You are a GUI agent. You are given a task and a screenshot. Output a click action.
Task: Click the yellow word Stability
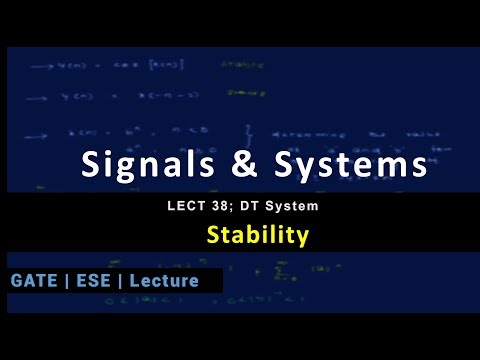click(257, 236)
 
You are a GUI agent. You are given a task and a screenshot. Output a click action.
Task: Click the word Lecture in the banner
click(164, 281)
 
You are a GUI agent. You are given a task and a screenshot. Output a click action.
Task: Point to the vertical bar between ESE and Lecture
click(118, 281)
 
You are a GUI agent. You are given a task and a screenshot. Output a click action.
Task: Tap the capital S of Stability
click(212, 236)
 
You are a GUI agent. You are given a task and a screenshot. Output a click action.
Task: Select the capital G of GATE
click(17, 281)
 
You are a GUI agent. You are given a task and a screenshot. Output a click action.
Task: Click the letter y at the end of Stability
click(302, 239)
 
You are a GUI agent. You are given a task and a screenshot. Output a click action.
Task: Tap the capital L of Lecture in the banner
click(134, 281)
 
